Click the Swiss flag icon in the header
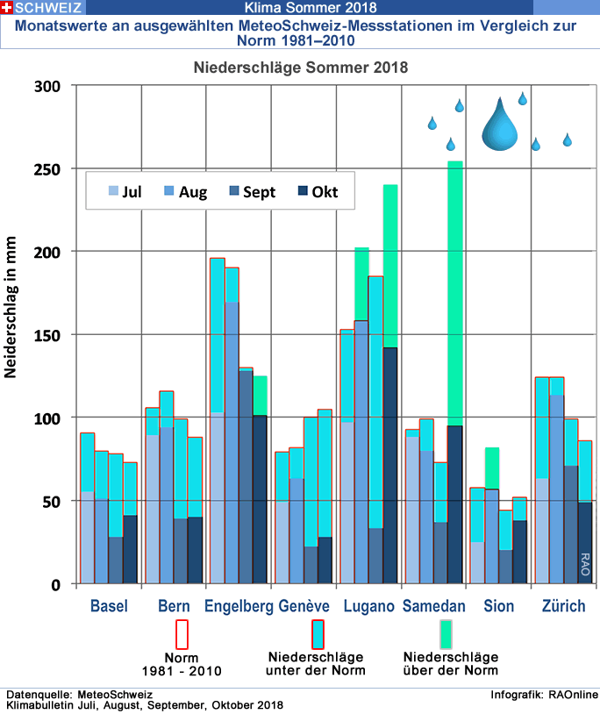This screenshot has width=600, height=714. pyautogui.click(x=8, y=7)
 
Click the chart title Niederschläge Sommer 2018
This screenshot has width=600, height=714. pyautogui.click(x=301, y=67)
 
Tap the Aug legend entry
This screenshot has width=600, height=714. pyautogui.click(x=185, y=191)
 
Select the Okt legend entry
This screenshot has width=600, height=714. pyautogui.click(x=318, y=191)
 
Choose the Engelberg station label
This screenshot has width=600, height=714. pyautogui.click(x=238, y=606)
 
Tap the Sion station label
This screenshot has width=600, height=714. pyautogui.click(x=499, y=606)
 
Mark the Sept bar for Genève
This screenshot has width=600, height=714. pyautogui.click(x=311, y=565)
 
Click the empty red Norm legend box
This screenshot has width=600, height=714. pyautogui.click(x=182, y=634)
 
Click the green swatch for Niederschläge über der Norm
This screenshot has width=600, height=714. pyautogui.click(x=446, y=633)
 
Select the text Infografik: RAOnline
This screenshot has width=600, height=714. pyautogui.click(x=544, y=695)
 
